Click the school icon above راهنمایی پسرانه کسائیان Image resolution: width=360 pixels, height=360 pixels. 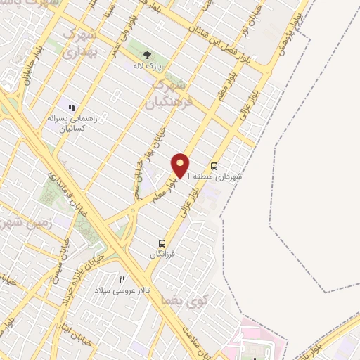pyautogui.click(x=71, y=107)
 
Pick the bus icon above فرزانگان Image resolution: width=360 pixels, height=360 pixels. pyautogui.click(x=162, y=243)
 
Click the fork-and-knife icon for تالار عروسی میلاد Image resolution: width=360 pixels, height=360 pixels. pyautogui.click(x=122, y=279)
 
